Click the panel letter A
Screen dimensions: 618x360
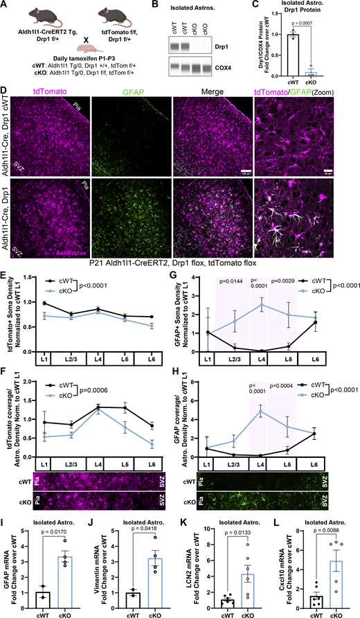5,6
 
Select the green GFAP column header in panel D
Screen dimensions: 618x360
129,90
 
